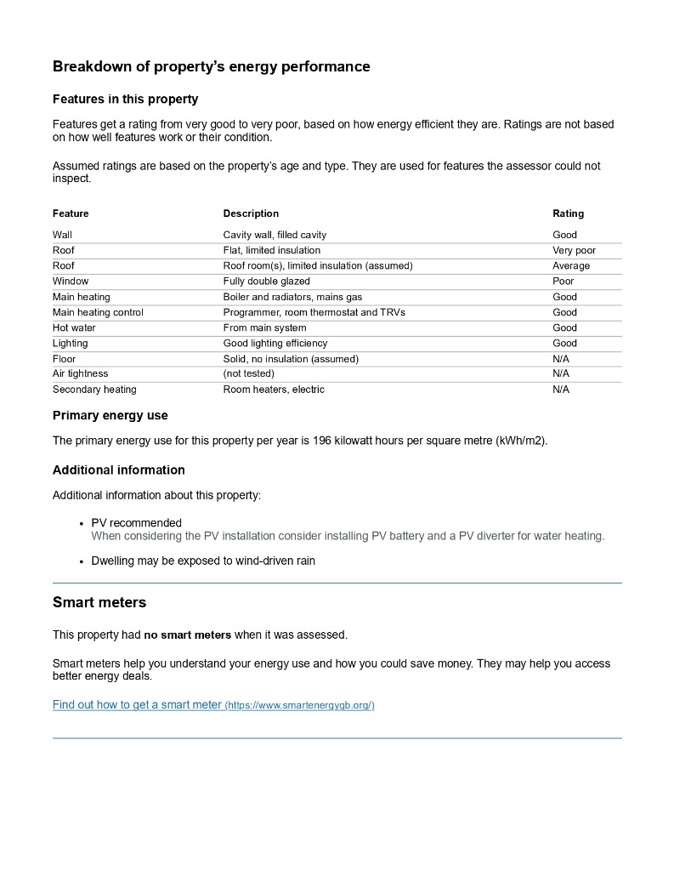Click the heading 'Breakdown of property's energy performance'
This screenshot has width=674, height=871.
click(x=211, y=66)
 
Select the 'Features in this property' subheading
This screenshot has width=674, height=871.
click(x=125, y=99)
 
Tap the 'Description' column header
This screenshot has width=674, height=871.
click(x=251, y=213)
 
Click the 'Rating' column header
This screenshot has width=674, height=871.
click(x=568, y=213)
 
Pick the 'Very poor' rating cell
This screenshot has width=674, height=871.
click(x=574, y=250)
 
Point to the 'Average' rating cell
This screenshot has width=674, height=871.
click(x=570, y=265)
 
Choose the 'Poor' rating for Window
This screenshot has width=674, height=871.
click(x=563, y=281)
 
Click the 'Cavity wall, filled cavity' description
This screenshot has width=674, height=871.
click(x=275, y=235)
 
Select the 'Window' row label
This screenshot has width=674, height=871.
click(x=71, y=281)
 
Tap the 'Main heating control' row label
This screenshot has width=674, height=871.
click(x=98, y=312)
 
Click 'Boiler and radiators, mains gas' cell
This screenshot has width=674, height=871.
click(x=292, y=297)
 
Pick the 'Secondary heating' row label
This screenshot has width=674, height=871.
click(x=94, y=390)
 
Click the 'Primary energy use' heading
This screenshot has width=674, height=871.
click(x=110, y=416)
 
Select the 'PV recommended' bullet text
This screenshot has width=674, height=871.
click(x=136, y=523)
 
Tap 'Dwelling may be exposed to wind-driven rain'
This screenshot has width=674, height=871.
click(x=203, y=561)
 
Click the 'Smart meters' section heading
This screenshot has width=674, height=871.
click(x=99, y=602)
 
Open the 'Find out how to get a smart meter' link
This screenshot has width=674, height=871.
click(x=137, y=705)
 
